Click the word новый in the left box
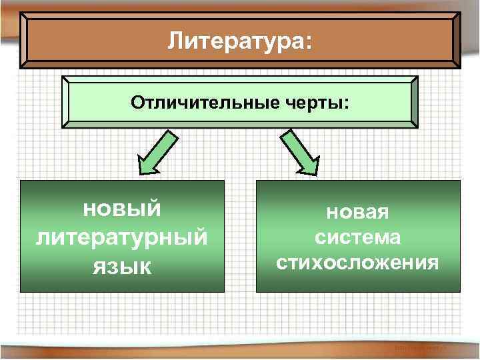pyautogui.click(x=121, y=208)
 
